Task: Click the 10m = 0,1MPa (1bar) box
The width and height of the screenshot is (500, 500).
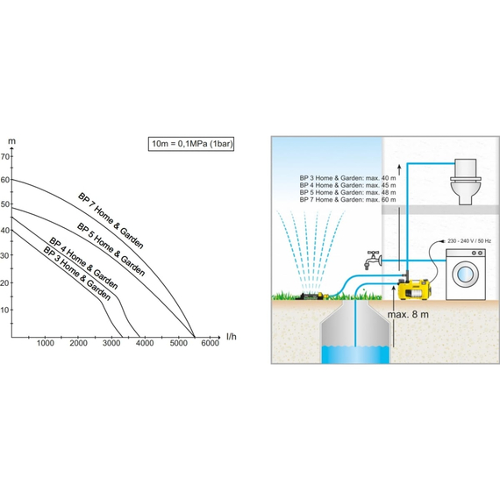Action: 191,144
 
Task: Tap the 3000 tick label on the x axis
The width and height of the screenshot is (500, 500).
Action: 111,343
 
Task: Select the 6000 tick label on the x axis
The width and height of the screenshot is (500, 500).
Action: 211,343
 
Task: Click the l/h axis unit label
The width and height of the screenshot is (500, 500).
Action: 232,337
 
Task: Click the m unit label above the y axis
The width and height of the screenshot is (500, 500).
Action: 11,141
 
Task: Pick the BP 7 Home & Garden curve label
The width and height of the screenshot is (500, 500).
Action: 111,221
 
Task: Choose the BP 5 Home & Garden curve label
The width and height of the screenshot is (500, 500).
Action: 111,249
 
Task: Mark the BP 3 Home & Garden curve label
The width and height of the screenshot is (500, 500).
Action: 76,274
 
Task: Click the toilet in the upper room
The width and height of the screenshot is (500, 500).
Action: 466,181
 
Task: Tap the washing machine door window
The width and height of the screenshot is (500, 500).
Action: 465,275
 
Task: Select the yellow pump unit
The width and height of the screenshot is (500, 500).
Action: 414,289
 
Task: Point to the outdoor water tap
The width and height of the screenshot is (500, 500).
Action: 373,260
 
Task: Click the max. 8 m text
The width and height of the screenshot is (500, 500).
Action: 408,314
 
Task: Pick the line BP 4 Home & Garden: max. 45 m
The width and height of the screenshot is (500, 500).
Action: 347,185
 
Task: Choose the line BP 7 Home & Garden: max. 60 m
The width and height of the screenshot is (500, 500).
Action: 347,200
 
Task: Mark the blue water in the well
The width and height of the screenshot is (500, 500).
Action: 355,354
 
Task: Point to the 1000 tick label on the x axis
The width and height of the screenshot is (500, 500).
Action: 46,343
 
